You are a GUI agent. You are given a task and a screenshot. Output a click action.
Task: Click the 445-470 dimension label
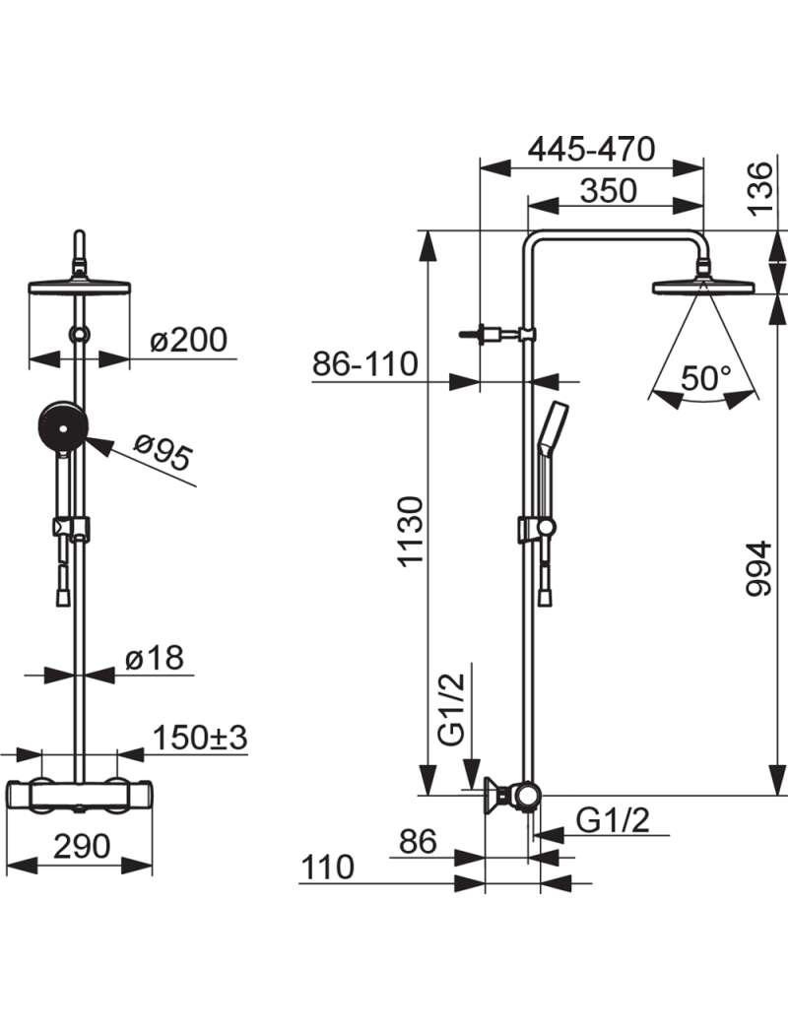(x=591, y=150)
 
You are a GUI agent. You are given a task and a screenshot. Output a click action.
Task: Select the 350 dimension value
(x=609, y=191)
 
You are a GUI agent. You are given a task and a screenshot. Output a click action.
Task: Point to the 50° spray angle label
(x=705, y=378)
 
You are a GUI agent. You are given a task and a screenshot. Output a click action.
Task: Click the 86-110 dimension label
(x=365, y=363)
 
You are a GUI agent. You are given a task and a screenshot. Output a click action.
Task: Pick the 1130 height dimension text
(x=413, y=532)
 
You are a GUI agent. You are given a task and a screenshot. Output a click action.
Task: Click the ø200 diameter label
(x=188, y=340)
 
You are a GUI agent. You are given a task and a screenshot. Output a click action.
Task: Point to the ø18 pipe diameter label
(x=154, y=657)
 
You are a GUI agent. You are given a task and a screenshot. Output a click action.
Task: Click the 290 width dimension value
(x=82, y=846)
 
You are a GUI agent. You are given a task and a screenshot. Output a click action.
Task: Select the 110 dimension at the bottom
(x=328, y=868)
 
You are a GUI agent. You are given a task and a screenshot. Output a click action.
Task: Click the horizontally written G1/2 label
(x=613, y=820)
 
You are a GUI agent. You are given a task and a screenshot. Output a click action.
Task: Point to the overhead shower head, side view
(x=704, y=286)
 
